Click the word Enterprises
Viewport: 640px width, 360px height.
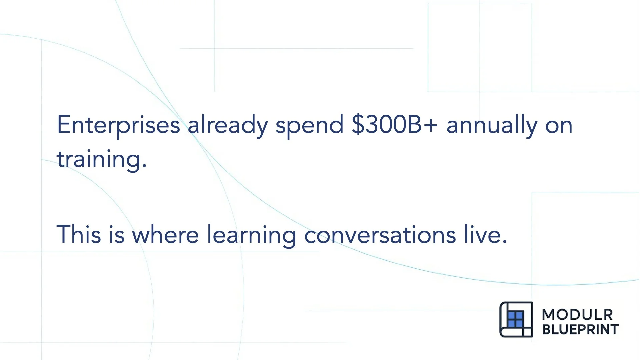click(x=118, y=125)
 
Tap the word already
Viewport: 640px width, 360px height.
click(x=227, y=125)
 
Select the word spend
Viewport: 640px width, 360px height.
click(x=309, y=125)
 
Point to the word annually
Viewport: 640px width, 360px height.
click(x=492, y=125)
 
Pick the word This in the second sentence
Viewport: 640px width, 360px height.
click(x=79, y=234)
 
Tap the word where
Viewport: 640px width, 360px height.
click(x=165, y=234)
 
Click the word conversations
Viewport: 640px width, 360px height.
click(x=380, y=234)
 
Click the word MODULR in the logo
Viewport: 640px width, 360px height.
click(x=577, y=314)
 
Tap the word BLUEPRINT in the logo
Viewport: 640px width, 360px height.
click(x=580, y=329)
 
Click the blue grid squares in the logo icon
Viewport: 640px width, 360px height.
click(x=515, y=319)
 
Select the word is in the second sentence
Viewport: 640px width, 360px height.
click(x=117, y=234)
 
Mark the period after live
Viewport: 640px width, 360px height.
click(x=504, y=241)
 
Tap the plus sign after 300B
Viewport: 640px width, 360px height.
click(x=431, y=125)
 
